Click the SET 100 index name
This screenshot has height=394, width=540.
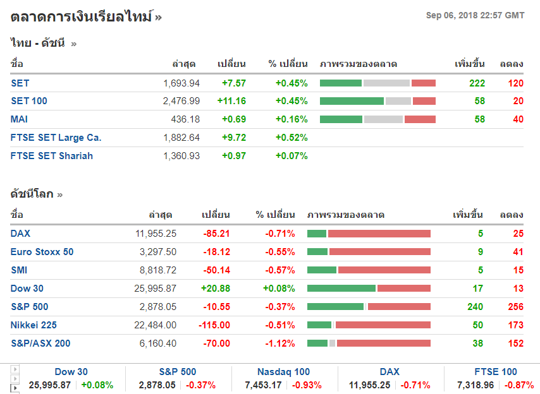click(x=29, y=101)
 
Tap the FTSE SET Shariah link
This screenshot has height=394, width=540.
click(x=52, y=156)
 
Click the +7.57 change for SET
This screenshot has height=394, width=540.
click(x=233, y=83)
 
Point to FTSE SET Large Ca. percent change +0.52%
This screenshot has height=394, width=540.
click(x=291, y=138)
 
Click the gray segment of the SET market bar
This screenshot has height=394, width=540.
click(x=386, y=83)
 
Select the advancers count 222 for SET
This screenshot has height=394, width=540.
click(x=477, y=83)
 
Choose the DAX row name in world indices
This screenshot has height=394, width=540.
click(x=20, y=234)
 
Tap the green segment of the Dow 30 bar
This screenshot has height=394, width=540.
click(x=341, y=289)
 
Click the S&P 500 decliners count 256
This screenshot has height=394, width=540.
click(x=515, y=307)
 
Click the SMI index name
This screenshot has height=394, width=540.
click(x=19, y=270)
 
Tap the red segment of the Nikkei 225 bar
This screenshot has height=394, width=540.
click(x=383, y=325)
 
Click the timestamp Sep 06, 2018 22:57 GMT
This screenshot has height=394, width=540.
click(x=475, y=15)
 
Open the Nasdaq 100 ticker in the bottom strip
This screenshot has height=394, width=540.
click(x=283, y=372)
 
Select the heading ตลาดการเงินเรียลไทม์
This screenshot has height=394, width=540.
click(x=82, y=17)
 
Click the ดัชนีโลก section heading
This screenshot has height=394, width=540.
click(x=32, y=194)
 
